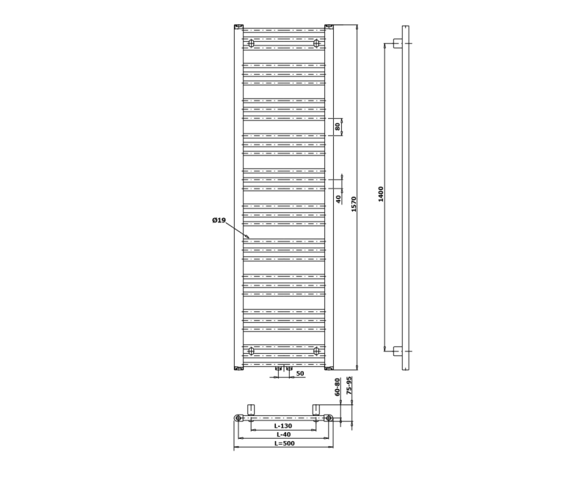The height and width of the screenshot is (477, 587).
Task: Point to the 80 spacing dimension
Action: pos(338,127)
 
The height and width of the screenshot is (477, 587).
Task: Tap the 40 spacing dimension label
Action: pos(338,198)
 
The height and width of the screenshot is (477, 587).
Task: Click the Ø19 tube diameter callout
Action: pos(219,221)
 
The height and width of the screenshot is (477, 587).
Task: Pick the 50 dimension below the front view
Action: pos(299,374)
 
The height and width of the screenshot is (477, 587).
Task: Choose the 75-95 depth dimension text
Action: pos(350,386)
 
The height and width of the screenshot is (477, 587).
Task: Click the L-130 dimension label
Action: pos(283,426)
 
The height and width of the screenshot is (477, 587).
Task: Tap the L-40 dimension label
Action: pos(283,435)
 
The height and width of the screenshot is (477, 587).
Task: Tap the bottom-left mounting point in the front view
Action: pos(251,351)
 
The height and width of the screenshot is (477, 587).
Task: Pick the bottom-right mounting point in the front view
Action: pos(317,351)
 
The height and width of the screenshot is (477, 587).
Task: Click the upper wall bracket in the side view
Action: pos(398,43)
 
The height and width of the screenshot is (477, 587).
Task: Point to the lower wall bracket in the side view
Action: pos(398,351)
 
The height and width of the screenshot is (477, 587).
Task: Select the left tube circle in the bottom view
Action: pos(238,418)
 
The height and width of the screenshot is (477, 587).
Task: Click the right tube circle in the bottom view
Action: pos(329,418)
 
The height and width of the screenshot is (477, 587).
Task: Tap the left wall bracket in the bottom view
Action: pos(251,409)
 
